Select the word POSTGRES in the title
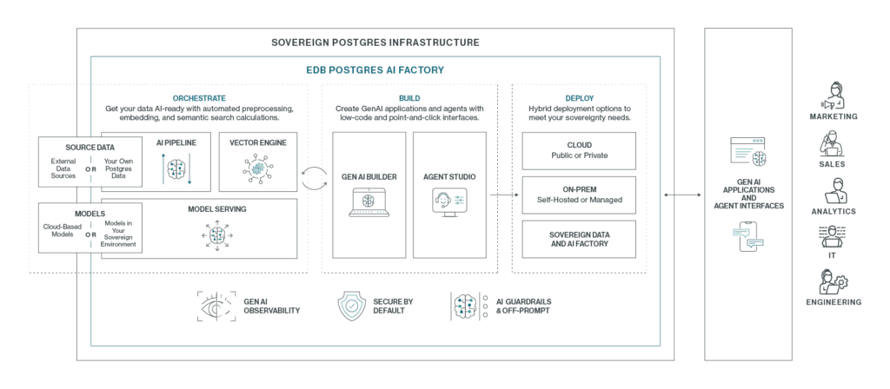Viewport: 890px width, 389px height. click(355, 70)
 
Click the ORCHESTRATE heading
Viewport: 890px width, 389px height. click(199, 99)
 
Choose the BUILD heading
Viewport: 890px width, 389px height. click(409, 99)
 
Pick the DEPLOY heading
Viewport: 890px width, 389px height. click(580, 99)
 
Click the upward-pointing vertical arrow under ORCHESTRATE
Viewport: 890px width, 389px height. click(163, 168)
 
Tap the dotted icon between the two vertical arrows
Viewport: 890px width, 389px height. click(176, 168)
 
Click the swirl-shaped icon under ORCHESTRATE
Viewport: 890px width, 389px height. click(258, 168)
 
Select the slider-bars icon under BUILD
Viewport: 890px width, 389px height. click(460, 201)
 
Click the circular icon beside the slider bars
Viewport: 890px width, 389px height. click(443, 200)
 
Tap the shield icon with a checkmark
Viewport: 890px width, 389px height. click(351, 306)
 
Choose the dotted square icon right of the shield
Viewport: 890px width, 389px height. click(465, 306)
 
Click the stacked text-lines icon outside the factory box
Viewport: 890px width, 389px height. click(743, 154)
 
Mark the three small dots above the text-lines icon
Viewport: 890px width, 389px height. click(758, 140)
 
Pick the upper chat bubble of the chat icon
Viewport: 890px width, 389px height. click(741, 232)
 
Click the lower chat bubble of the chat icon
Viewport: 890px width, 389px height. click(755, 242)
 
